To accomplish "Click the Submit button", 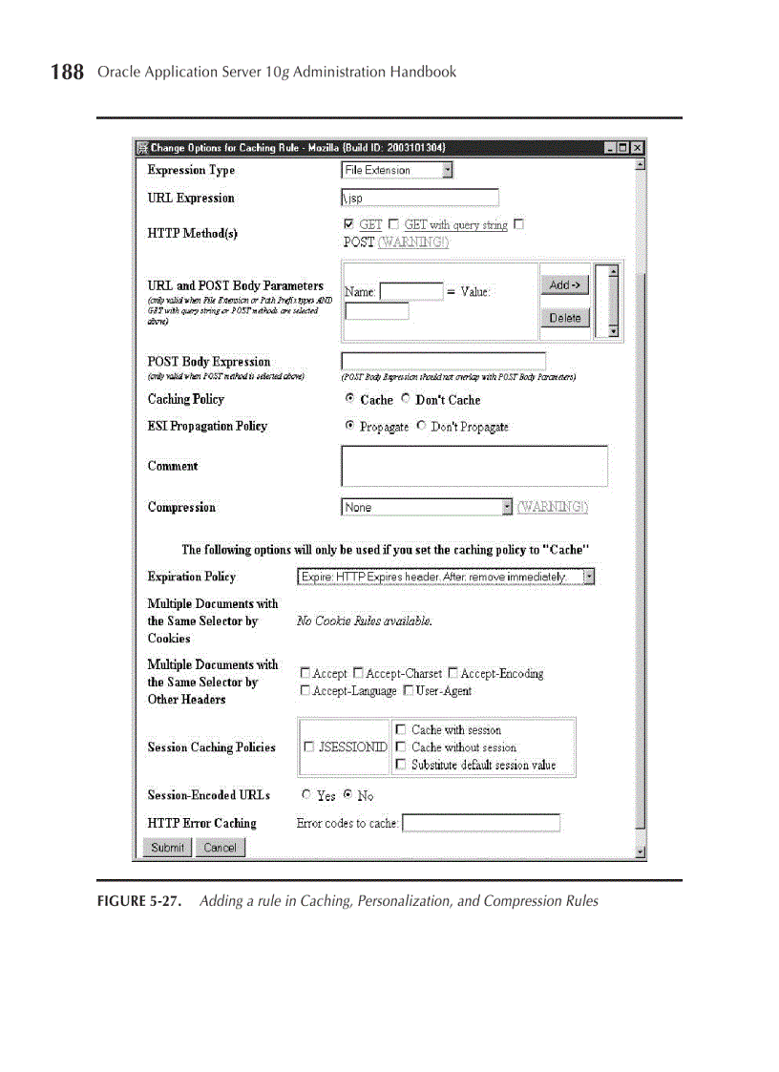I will pyautogui.click(x=167, y=848).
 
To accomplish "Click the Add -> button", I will pyautogui.click(x=565, y=284).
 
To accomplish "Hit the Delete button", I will pyautogui.click(x=565, y=318).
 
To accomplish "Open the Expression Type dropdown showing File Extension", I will pyautogui.click(x=397, y=170).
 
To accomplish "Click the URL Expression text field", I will pyautogui.click(x=419, y=198).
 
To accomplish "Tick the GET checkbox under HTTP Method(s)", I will pyautogui.click(x=348, y=224).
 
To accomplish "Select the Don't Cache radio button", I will pyautogui.click(x=406, y=399).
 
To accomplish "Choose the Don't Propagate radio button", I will pyautogui.click(x=421, y=426).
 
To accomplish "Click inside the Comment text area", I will pyautogui.click(x=474, y=466).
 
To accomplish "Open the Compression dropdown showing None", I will pyautogui.click(x=427, y=507).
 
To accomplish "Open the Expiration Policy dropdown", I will pyautogui.click(x=446, y=577).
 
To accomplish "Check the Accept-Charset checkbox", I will pyautogui.click(x=358, y=673).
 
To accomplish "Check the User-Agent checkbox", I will pyautogui.click(x=408, y=690).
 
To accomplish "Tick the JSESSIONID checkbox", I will pyautogui.click(x=308, y=747).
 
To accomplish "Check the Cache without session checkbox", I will pyautogui.click(x=401, y=747).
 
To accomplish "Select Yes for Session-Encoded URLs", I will pyautogui.click(x=306, y=794).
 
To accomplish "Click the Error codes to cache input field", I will pyautogui.click(x=480, y=823).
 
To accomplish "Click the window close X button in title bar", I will pyautogui.click(x=637, y=148).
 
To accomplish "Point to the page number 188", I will pyautogui.click(x=67, y=73).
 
